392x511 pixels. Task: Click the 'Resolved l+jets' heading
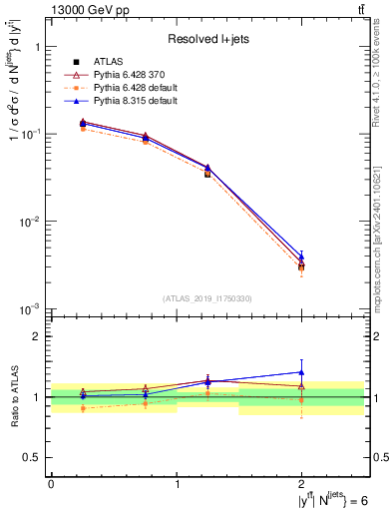[x=209, y=39]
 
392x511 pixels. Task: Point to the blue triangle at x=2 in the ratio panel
[x=301, y=372]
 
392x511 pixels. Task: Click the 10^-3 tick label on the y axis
[x=32, y=309]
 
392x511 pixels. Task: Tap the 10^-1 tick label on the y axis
[x=32, y=134]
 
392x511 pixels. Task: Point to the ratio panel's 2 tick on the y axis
[x=37, y=336]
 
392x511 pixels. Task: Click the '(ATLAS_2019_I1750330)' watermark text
[x=208, y=298]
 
